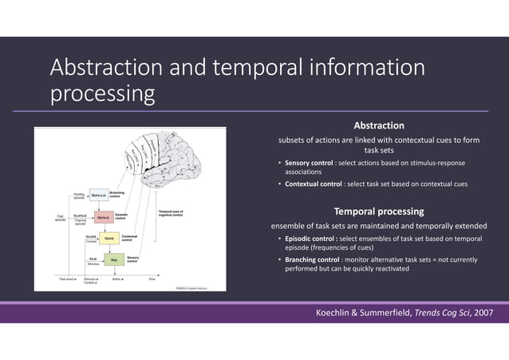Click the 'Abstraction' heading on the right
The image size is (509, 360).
tap(379, 125)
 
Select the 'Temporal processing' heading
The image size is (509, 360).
tap(379, 212)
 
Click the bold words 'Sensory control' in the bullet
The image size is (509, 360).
tap(310, 163)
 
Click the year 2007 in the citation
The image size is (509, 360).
tap(483, 311)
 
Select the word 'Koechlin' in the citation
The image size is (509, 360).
tap(341, 311)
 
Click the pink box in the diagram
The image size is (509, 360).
tap(103, 216)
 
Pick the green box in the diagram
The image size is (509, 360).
tap(114, 259)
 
